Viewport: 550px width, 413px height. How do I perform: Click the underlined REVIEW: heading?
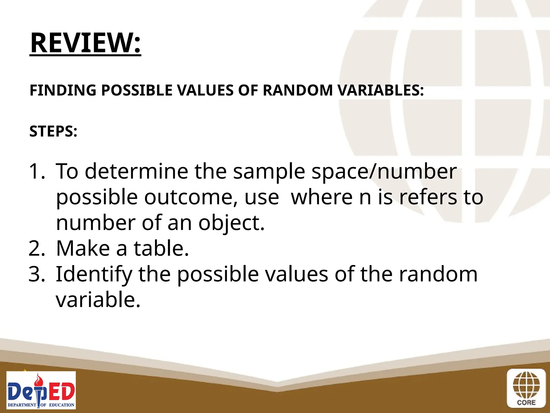click(x=85, y=43)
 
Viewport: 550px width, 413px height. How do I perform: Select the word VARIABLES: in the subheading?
click(x=381, y=90)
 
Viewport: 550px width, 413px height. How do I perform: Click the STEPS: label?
click(x=53, y=131)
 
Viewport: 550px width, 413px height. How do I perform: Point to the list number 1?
click(x=36, y=171)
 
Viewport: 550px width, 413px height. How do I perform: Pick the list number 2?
click(x=37, y=248)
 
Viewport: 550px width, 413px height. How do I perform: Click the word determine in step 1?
click(x=136, y=171)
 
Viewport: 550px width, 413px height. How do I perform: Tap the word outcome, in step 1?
click(x=191, y=197)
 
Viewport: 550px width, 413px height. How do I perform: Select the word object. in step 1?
click(x=231, y=223)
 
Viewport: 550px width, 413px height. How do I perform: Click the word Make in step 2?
click(x=83, y=248)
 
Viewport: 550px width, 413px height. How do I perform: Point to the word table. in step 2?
click(x=161, y=248)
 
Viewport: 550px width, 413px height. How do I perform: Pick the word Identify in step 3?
click(x=94, y=274)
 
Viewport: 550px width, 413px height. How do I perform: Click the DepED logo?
click(x=41, y=390)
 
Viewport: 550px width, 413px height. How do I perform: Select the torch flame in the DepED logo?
click(x=40, y=379)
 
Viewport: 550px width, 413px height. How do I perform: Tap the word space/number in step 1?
click(x=384, y=171)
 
